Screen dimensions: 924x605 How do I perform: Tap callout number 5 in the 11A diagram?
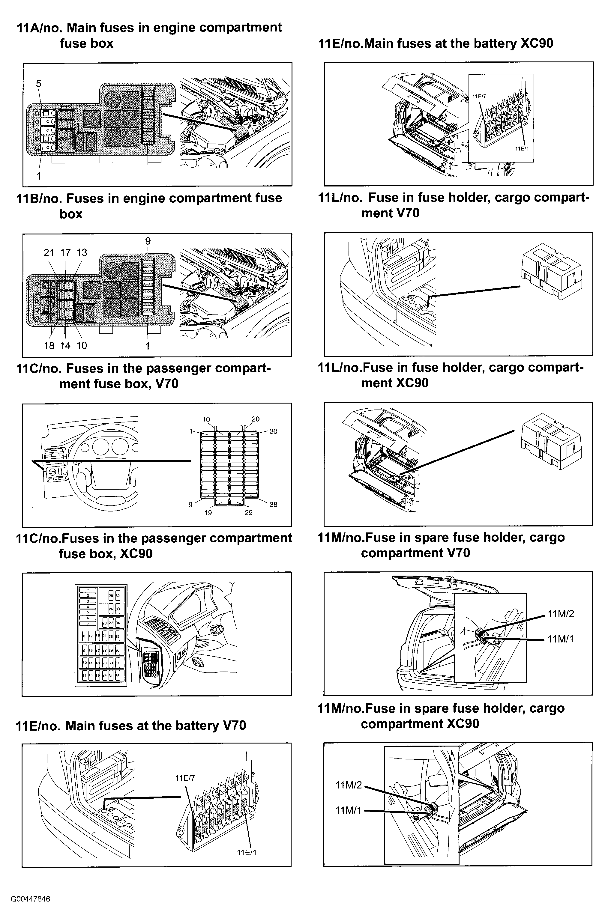pos(38,83)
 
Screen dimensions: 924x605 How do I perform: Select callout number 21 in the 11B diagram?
pos(49,253)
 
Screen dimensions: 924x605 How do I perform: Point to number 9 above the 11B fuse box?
pos(148,241)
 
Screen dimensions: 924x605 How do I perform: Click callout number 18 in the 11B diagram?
pos(49,346)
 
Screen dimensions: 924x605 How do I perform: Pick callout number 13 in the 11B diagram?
pos(82,253)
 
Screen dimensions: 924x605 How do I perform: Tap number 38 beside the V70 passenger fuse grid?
pos(273,505)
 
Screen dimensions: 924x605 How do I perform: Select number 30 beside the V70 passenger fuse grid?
pos(273,431)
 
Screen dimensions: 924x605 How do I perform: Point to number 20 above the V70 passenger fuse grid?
pos(256,419)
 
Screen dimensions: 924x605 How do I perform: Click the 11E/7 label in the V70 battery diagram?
pos(185,786)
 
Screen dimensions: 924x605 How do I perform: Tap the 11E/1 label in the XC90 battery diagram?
pos(522,149)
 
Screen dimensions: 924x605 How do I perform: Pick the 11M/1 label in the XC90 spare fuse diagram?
pos(348,810)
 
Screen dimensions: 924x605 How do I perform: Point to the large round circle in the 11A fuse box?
pos(112,96)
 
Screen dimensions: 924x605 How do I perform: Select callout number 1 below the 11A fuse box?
pos(39,176)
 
